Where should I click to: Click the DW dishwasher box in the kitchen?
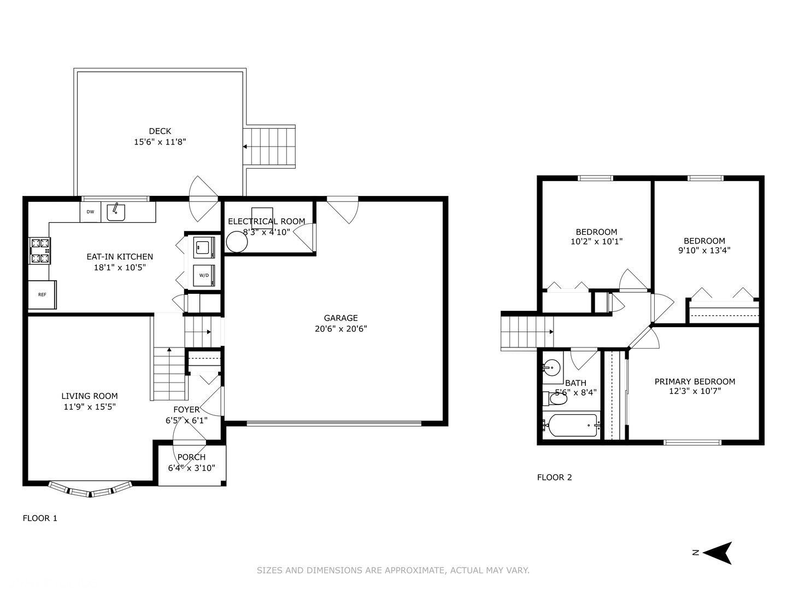tap(90, 212)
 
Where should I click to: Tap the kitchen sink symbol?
tap(116, 211)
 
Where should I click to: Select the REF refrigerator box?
tap(42, 294)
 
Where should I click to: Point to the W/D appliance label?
tap(204, 275)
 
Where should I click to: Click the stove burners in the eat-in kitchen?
tap(40, 251)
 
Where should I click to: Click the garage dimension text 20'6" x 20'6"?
tap(340, 329)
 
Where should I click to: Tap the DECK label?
tap(160, 131)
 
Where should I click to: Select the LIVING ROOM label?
tap(90, 396)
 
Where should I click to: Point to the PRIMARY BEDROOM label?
tap(695, 381)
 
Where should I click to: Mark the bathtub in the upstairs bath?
tap(571, 425)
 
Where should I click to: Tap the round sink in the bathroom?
tap(552, 367)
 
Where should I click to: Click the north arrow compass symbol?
tap(717, 553)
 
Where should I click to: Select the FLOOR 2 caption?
tap(554, 477)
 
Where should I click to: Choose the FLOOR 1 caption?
tap(40, 518)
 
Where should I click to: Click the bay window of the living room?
tap(90, 490)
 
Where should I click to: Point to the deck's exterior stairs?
tap(270, 146)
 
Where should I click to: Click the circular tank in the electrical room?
tap(237, 241)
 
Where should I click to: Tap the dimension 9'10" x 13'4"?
tap(704, 251)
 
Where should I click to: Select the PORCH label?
tap(191, 457)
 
